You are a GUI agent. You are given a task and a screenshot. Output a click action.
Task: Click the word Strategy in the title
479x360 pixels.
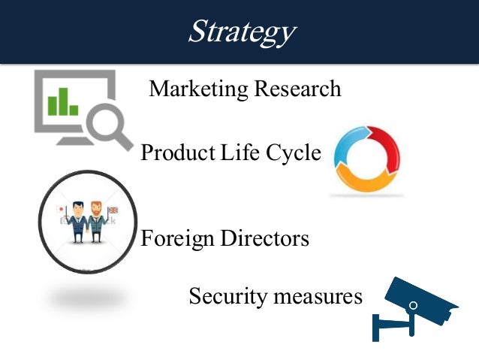click(x=240, y=31)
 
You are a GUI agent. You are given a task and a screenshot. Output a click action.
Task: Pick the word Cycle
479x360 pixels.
click(x=293, y=153)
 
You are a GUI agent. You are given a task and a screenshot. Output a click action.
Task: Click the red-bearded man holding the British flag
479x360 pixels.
click(x=96, y=222)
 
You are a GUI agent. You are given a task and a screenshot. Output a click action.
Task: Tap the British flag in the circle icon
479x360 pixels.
click(x=113, y=210)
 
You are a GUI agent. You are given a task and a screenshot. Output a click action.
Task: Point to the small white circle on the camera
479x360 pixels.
click(x=411, y=305)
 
